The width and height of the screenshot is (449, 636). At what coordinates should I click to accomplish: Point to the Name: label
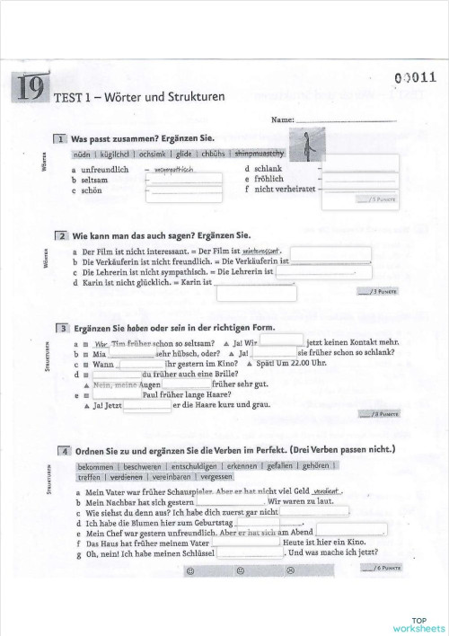tap(282, 119)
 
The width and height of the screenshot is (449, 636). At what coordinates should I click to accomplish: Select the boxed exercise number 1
tap(60, 140)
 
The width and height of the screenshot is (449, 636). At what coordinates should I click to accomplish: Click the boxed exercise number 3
tap(60, 329)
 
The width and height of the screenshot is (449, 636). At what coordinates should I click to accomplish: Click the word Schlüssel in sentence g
tap(206, 554)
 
